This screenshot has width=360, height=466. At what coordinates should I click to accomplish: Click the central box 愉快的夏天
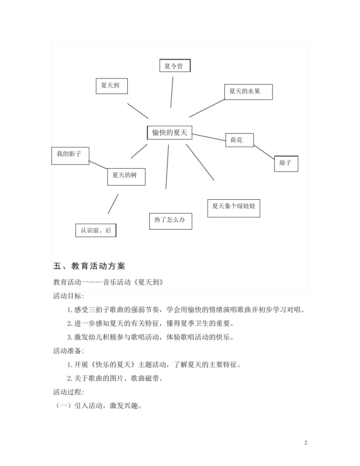click(x=169, y=133)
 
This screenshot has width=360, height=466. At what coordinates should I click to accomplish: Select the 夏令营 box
click(x=175, y=66)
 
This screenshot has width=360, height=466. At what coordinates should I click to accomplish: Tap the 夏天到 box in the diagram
click(x=112, y=86)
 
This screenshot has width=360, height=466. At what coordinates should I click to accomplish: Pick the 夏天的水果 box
click(x=248, y=92)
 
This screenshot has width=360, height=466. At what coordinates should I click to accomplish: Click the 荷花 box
click(x=239, y=140)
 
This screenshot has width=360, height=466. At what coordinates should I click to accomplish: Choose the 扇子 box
click(x=286, y=164)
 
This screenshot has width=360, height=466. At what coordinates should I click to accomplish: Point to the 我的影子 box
click(x=70, y=156)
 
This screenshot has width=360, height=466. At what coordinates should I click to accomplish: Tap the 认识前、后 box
click(x=96, y=230)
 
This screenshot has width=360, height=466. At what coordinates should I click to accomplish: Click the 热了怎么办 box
click(x=171, y=221)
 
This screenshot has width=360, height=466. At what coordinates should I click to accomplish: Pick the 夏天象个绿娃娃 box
click(x=233, y=208)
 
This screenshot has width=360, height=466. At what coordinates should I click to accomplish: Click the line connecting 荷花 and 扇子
click(x=264, y=152)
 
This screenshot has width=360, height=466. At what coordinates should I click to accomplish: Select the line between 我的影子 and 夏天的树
click(x=98, y=164)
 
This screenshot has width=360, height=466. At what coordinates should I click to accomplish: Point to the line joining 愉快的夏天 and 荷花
click(x=208, y=138)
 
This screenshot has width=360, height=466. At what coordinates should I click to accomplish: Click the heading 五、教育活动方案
click(x=89, y=266)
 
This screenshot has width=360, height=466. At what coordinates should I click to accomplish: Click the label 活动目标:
click(x=69, y=296)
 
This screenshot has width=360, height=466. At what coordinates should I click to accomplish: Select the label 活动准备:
click(x=69, y=351)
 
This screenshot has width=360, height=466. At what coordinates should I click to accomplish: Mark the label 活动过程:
click(x=69, y=392)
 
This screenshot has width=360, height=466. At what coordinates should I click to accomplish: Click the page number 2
click(x=306, y=443)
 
